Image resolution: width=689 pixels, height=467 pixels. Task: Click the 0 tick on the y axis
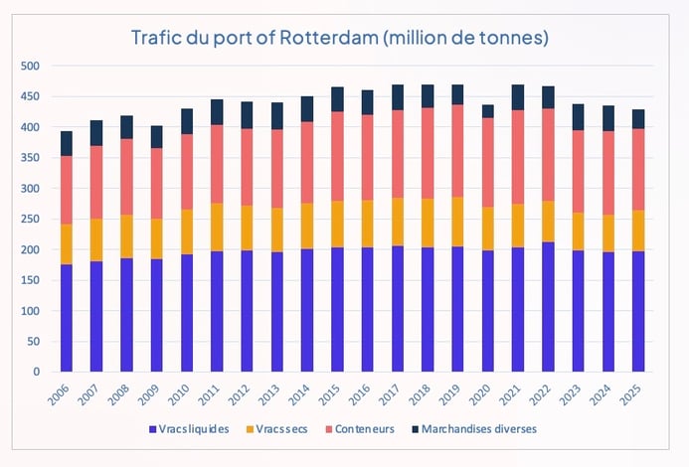click(35, 373)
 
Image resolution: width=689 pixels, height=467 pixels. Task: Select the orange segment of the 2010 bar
click(187, 232)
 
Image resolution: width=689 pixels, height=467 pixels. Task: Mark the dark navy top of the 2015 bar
click(337, 99)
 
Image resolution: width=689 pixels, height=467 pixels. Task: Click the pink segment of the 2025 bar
click(637, 169)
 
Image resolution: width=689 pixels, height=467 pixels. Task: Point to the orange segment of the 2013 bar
click(277, 230)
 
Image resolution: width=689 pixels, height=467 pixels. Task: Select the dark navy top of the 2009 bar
click(157, 137)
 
